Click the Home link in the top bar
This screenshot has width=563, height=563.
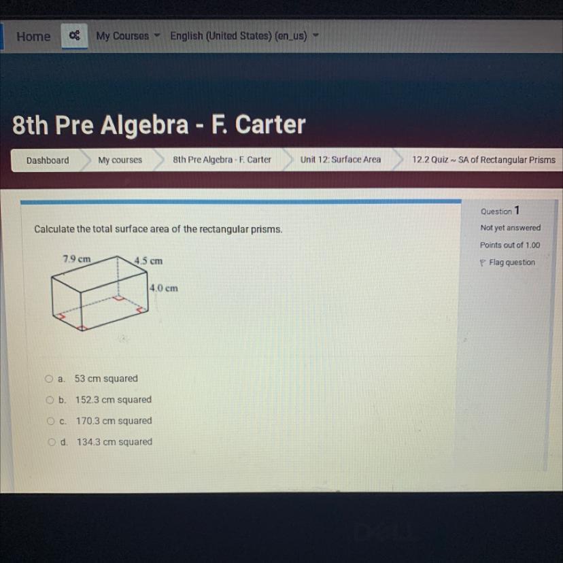(x=33, y=36)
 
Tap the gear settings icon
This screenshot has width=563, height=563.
(x=74, y=35)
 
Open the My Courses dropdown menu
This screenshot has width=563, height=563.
(x=127, y=36)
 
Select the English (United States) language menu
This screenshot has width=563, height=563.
(x=244, y=36)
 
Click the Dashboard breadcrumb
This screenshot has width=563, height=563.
(x=48, y=160)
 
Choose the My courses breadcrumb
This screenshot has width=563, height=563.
(x=120, y=160)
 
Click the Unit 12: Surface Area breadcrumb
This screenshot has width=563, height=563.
(x=341, y=159)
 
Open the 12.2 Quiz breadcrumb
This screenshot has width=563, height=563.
(x=483, y=159)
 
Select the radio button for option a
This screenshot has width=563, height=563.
(x=49, y=379)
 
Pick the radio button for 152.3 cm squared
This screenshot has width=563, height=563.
(x=50, y=400)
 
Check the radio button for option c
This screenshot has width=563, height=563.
(x=50, y=421)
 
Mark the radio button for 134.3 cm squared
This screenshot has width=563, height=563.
(x=52, y=442)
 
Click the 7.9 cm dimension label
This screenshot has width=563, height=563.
(x=77, y=259)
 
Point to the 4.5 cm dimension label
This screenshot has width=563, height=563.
(x=148, y=260)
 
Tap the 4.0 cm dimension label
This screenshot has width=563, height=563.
(x=164, y=288)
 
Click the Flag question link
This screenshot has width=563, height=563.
(x=507, y=262)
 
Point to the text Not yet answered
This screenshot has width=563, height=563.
(x=510, y=228)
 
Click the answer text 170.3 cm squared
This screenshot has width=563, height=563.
(x=114, y=421)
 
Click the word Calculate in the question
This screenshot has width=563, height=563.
(x=54, y=229)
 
